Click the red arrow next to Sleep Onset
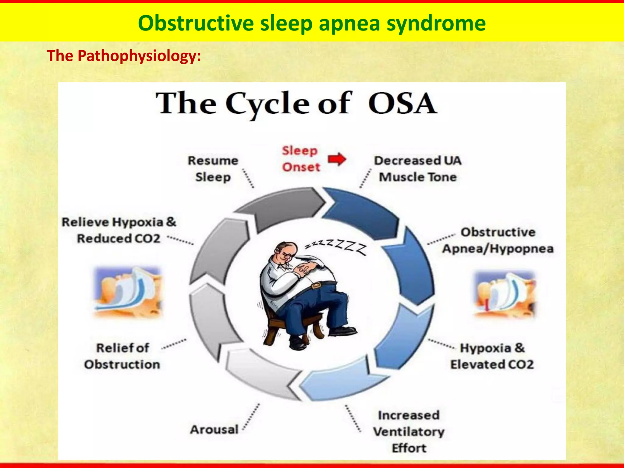[337, 159]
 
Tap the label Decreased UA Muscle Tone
[417, 169]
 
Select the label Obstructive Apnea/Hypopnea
[498, 240]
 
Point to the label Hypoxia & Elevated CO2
[492, 356]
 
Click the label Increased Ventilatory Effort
[409, 431]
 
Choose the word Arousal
[214, 430]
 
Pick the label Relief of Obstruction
[122, 356]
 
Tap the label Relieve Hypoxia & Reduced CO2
[119, 230]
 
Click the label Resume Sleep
[213, 169]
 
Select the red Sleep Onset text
[300, 159]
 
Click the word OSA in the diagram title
[402, 104]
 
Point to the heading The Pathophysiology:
[124, 56]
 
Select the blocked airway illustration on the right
[504, 294]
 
